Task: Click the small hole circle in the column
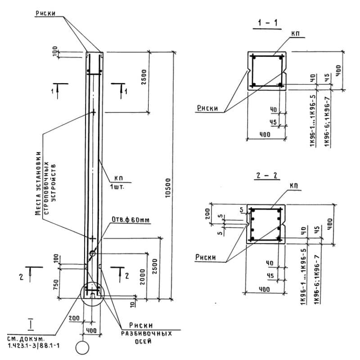[x=92, y=253]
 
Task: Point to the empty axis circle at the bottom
[x=83, y=348]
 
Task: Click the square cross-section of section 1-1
[x=267, y=71]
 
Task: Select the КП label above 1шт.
[x=112, y=179]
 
